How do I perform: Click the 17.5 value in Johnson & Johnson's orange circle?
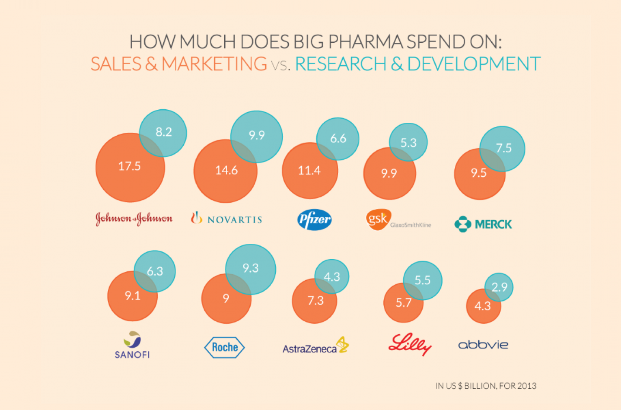129,166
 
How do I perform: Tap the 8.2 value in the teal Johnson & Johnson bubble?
164,132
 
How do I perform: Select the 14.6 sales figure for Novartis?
226,170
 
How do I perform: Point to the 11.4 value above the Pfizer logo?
309,170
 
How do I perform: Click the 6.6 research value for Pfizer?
338,139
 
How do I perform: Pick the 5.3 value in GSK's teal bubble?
408,143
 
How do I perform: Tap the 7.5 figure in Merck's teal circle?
504,148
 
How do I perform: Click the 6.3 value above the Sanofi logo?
155,271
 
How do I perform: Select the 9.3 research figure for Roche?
251,268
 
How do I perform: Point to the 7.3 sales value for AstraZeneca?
316,301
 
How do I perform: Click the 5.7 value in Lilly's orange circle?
404,302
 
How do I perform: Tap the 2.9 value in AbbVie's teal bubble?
499,287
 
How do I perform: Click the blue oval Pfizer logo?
315,219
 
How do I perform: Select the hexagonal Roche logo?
224,347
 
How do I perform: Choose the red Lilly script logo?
410,344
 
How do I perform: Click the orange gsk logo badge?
378,219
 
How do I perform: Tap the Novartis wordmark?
234,220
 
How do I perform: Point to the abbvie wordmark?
483,345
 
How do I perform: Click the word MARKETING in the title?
214,64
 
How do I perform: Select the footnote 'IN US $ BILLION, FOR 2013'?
486,386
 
